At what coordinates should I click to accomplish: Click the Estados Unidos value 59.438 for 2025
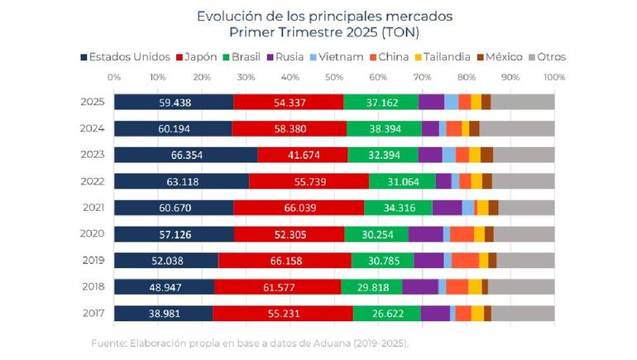(174, 102)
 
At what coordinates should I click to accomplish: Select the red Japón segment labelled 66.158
(285, 260)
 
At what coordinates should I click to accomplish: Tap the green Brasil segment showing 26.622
(387, 313)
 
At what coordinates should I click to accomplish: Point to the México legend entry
(524, 57)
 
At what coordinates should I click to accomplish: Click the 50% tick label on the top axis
(334, 77)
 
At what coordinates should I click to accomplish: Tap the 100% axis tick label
(554, 77)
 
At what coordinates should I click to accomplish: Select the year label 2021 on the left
(93, 207)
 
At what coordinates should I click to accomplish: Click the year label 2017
(93, 313)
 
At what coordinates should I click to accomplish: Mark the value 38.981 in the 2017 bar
(164, 313)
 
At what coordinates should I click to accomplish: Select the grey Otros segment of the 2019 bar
(525, 260)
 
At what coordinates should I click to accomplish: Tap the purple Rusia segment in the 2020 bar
(425, 233)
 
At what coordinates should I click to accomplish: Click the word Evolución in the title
(226, 16)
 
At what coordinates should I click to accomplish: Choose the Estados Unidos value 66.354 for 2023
(186, 155)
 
